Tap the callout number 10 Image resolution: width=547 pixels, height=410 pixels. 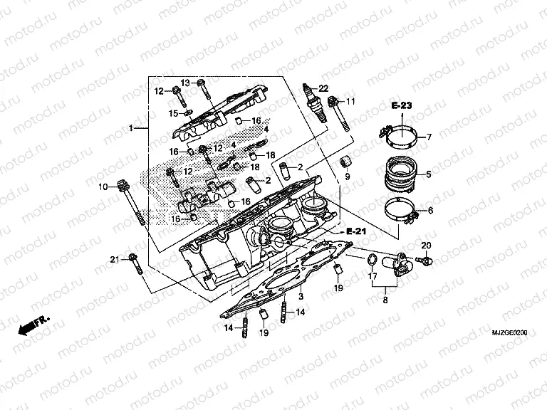[x=103, y=186]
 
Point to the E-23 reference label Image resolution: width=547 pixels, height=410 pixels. [x=402, y=105]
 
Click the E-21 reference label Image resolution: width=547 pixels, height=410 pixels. [x=356, y=233]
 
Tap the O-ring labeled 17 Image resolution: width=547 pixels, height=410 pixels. [x=373, y=258]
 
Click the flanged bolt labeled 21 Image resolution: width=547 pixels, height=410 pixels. [x=135, y=263]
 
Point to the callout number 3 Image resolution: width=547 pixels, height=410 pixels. [x=301, y=296]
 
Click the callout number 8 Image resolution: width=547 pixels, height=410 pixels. [x=385, y=301]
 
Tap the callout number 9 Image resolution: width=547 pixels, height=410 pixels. [x=347, y=176]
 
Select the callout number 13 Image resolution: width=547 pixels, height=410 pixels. [x=184, y=82]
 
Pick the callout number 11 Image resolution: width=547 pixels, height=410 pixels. [x=350, y=102]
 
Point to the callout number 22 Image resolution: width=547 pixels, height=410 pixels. [x=323, y=88]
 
